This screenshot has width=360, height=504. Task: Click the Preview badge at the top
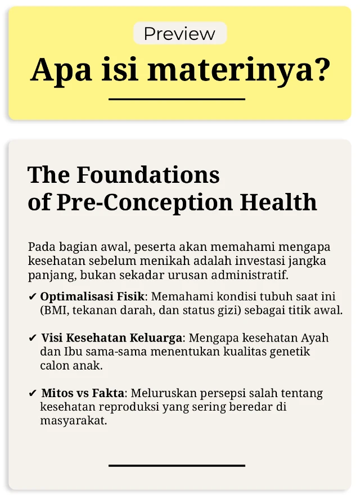[x=179, y=33]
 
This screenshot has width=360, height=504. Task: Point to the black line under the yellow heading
[x=177, y=99]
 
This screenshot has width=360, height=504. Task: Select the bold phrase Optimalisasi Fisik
[x=92, y=296]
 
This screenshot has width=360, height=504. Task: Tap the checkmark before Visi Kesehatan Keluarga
[x=33, y=339]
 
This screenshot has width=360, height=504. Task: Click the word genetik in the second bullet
[x=291, y=352]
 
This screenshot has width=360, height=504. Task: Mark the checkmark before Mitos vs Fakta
[x=33, y=393]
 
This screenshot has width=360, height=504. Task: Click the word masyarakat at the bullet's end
[x=73, y=420]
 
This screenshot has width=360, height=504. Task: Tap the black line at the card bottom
[x=177, y=465]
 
